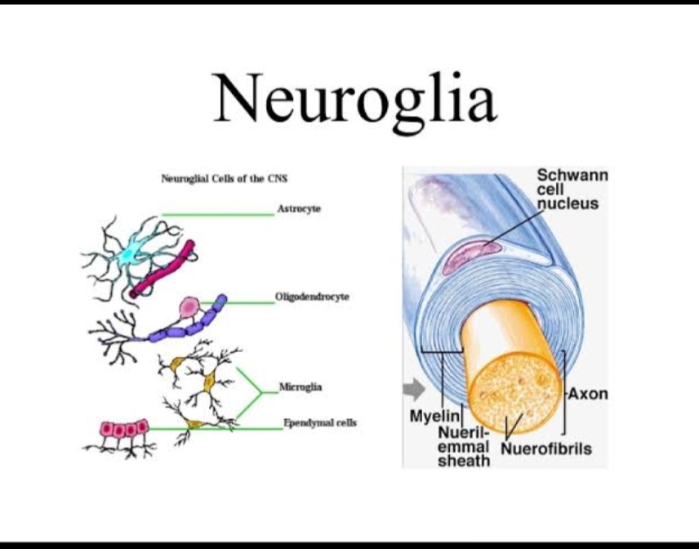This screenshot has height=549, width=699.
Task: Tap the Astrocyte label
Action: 299,209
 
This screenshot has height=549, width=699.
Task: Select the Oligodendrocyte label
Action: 312,297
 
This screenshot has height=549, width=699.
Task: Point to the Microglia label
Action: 301,386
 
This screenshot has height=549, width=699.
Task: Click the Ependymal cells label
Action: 319,423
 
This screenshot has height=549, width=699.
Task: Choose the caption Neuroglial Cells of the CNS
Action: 225,177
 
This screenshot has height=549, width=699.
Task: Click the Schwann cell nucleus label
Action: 572,189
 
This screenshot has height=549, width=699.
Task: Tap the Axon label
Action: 588,394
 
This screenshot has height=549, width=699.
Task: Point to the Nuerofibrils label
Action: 545,449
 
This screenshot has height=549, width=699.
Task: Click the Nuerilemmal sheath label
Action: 464,446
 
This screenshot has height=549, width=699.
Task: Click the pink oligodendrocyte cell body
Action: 189,306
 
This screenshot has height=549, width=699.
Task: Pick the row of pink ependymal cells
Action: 124,428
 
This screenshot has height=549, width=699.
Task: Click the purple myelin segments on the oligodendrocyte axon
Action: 184,328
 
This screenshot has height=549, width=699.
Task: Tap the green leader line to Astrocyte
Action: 217,215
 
